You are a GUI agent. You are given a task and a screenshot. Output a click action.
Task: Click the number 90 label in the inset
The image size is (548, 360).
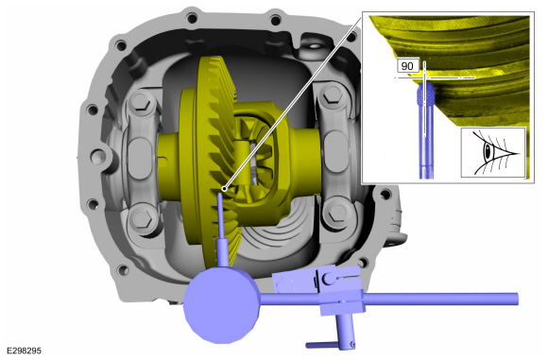click(407, 66)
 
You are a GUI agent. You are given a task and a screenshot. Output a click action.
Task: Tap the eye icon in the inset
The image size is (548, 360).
click(493, 152)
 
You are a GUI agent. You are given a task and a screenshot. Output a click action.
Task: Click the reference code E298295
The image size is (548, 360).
click(25, 351)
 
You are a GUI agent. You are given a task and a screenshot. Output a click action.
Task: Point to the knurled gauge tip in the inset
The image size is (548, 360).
click(426, 93)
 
